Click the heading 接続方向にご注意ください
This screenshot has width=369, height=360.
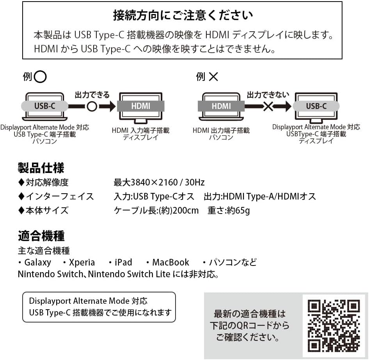pyautogui.click(x=183, y=15)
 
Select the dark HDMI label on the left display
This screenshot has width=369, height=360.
pyautogui.click(x=141, y=106)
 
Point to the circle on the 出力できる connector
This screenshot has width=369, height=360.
pyautogui.click(x=92, y=106)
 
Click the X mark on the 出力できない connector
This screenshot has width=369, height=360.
pyautogui.click(x=268, y=106)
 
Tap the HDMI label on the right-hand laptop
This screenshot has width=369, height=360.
pyautogui.click(x=221, y=106)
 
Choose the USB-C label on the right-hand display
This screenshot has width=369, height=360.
pyautogui.click(x=316, y=106)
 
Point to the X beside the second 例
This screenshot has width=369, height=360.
pyautogui.click(x=213, y=77)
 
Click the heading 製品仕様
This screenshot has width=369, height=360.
pyautogui.click(x=41, y=168)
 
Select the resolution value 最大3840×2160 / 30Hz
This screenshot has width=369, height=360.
pyautogui.click(x=159, y=182)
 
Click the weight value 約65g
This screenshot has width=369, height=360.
pyautogui.click(x=239, y=210)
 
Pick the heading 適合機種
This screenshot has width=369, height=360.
pyautogui.click(x=41, y=236)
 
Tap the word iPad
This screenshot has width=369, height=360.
pyautogui.click(x=123, y=262)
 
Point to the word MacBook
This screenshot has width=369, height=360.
pyautogui.click(x=170, y=262)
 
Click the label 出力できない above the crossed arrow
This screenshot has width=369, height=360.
pyautogui.click(x=268, y=94)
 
